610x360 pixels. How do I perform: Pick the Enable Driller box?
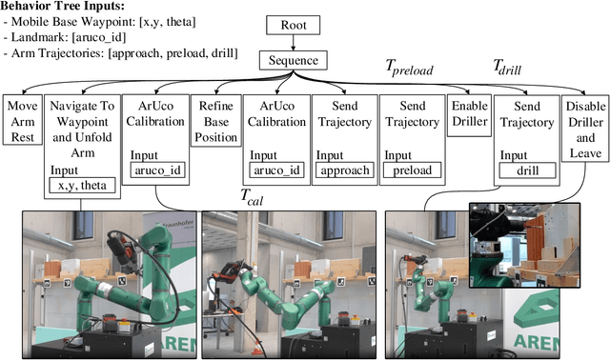[468, 114]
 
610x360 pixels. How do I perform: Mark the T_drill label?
[513, 68]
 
